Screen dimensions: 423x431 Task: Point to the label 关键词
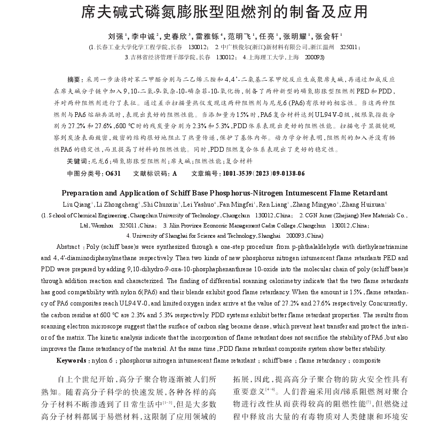pyautogui.click(x=76, y=161)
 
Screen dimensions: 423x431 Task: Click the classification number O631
pyautogui.click(x=113, y=174)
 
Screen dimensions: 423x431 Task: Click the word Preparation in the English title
pyautogui.click(x=85, y=193)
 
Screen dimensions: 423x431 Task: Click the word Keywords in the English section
pyautogui.click(x=72, y=361)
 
